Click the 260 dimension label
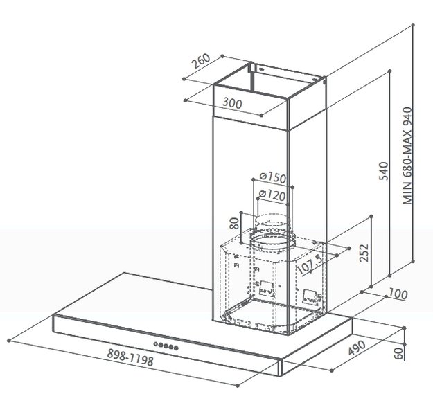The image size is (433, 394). (x=202, y=61)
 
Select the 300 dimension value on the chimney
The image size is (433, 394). (x=232, y=103)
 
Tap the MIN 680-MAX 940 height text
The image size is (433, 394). (x=407, y=156)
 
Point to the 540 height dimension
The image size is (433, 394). (x=383, y=171)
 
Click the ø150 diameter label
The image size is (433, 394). (x=273, y=177)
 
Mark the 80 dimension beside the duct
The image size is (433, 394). (x=234, y=223)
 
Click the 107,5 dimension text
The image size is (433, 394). (x=310, y=265)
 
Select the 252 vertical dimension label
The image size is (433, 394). (x=364, y=253)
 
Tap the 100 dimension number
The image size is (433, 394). (x=398, y=294)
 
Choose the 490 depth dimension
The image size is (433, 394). (x=357, y=348)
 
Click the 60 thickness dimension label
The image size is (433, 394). (x=398, y=353)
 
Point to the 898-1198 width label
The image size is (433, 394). (x=130, y=357)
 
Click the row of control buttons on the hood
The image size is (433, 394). (x=166, y=346)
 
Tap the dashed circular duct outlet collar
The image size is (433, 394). (x=272, y=240)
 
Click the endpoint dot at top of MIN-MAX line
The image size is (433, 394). (x=413, y=24)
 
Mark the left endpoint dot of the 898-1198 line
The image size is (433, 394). (x=9, y=341)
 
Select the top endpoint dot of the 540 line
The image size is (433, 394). (x=390, y=71)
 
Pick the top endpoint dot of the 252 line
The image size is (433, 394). (x=371, y=217)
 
